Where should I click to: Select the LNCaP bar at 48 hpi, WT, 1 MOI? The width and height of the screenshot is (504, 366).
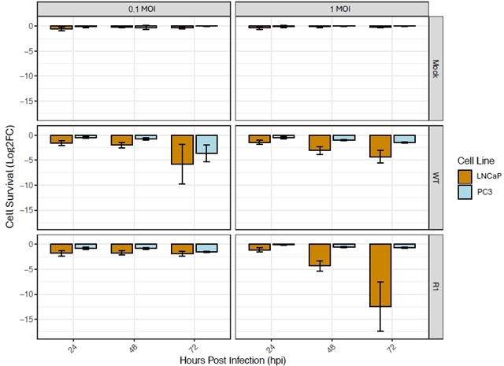(320, 142)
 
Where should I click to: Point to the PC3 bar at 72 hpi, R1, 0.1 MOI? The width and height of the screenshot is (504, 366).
(207, 248)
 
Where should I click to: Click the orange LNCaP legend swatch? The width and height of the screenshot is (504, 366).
(457, 176)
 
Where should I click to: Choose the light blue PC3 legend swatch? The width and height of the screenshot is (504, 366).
(457, 194)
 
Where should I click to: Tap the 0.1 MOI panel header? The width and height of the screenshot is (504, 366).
(134, 9)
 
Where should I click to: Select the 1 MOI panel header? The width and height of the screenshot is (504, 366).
(332, 9)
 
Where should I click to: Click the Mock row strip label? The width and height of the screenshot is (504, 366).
(436, 68)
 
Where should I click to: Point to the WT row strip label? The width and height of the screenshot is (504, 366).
(436, 177)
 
